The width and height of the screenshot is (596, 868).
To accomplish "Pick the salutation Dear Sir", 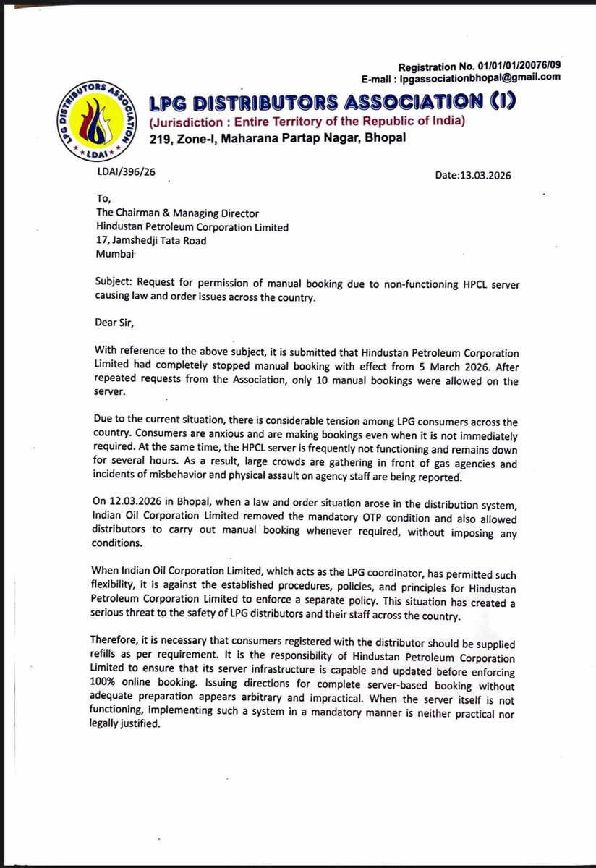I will coord(117,319).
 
